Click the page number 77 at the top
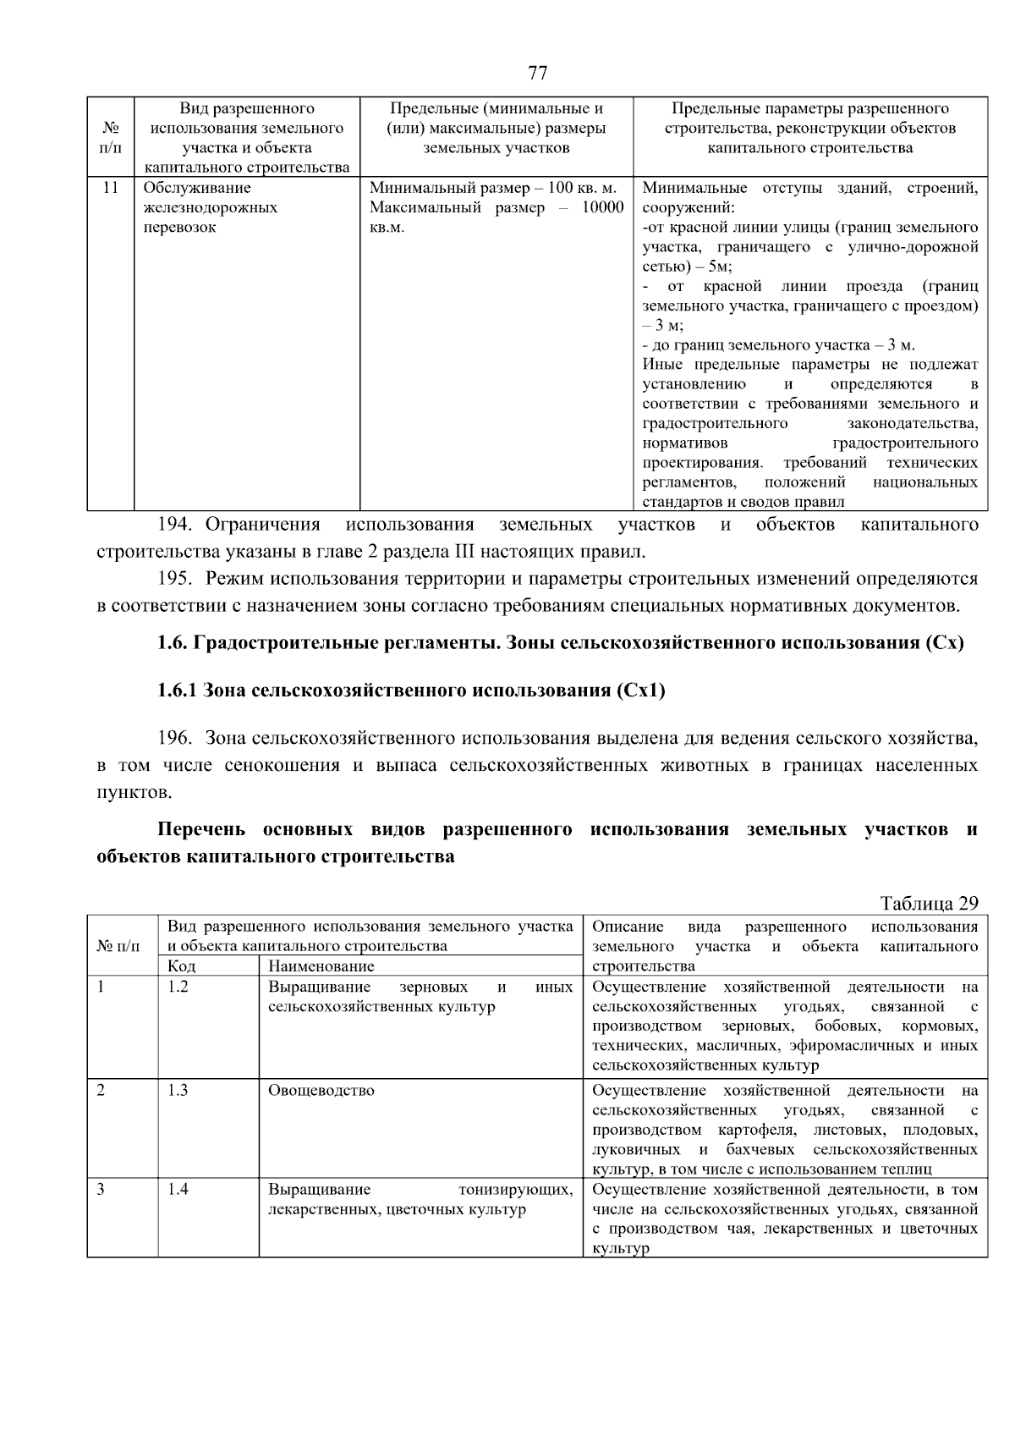[x=537, y=73]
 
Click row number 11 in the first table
[x=110, y=188]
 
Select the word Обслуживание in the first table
[x=197, y=188]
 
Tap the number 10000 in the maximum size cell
[x=602, y=208]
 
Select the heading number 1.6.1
[x=177, y=690]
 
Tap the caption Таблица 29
[x=928, y=903]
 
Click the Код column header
[x=182, y=966]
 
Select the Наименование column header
[x=321, y=966]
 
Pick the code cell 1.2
[x=178, y=987]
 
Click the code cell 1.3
[x=178, y=1090]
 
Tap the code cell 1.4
[x=178, y=1189]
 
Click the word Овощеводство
[x=321, y=1090]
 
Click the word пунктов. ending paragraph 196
[x=134, y=794]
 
